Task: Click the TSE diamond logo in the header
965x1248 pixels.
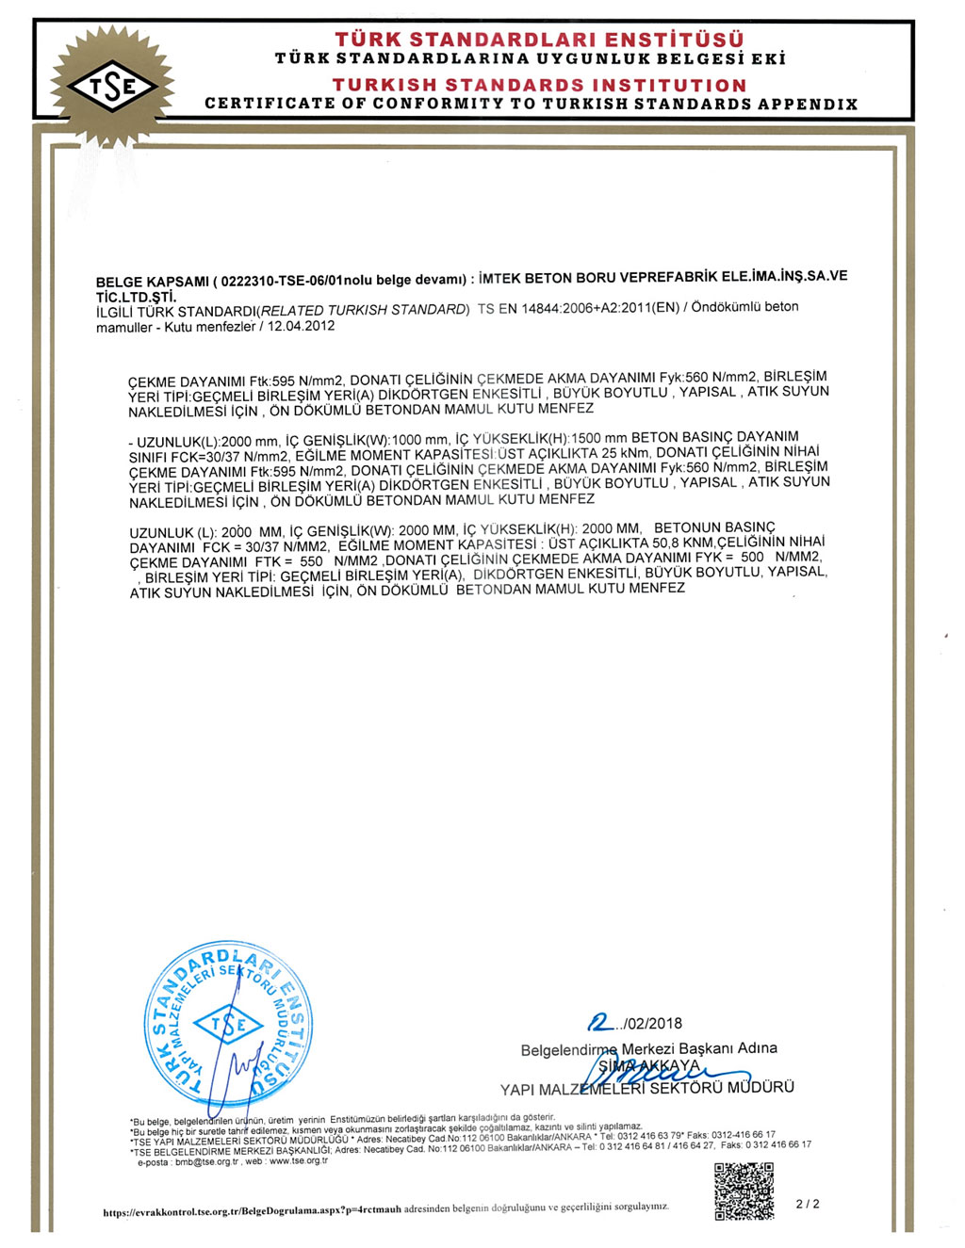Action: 112,88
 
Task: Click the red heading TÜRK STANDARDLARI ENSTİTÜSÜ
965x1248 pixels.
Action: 539,40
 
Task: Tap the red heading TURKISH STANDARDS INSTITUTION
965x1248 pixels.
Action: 539,85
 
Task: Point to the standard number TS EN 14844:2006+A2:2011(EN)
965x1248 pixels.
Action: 577,308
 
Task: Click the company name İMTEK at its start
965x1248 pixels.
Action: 499,279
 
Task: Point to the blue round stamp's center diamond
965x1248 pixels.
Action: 228,1025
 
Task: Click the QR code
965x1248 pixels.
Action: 744,1191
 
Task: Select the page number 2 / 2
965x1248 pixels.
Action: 808,1204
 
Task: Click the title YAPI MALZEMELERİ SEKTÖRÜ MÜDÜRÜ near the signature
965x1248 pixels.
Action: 646,1088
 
